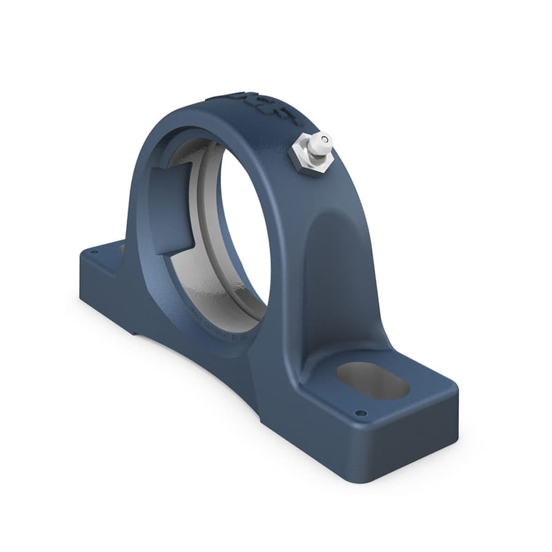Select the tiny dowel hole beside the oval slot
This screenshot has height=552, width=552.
(x=359, y=414)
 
